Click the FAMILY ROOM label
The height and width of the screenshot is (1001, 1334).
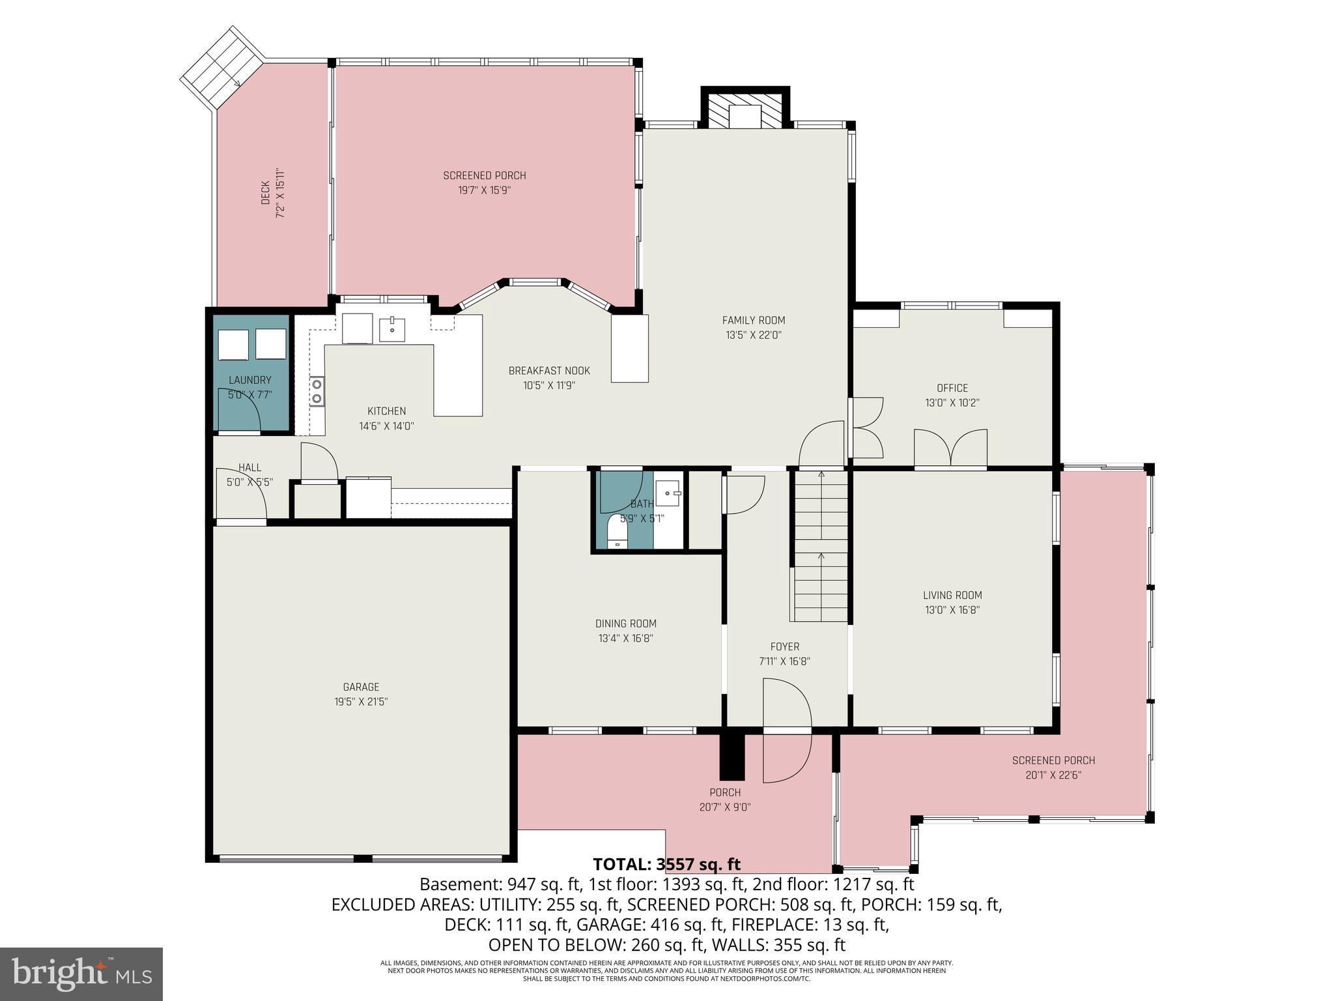coord(753,320)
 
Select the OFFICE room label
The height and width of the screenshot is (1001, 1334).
coord(952,388)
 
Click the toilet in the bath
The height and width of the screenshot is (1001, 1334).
coord(616,532)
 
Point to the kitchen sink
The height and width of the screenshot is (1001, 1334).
coord(392,329)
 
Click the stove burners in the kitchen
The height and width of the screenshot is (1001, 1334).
coord(317,391)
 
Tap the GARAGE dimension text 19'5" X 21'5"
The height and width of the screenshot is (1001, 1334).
coord(361,702)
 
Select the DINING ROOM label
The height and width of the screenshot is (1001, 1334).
coord(625,624)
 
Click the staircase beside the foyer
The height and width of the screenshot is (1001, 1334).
coord(821,547)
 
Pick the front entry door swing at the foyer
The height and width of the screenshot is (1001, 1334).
coord(787,730)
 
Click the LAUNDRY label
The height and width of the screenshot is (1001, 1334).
coord(249,380)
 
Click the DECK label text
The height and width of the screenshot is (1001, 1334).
coord(265,194)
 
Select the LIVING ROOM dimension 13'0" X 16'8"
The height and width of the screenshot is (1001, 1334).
coord(952,610)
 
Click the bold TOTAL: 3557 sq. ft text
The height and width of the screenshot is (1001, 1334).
coord(666,864)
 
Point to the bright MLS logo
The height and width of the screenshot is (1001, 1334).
coord(81,974)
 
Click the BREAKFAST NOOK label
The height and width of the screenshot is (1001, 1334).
coord(549,371)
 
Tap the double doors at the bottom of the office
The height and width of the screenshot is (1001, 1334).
coord(950,448)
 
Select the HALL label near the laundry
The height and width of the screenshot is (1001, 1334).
coord(249,467)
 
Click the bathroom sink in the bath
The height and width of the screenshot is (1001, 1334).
coord(667,493)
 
